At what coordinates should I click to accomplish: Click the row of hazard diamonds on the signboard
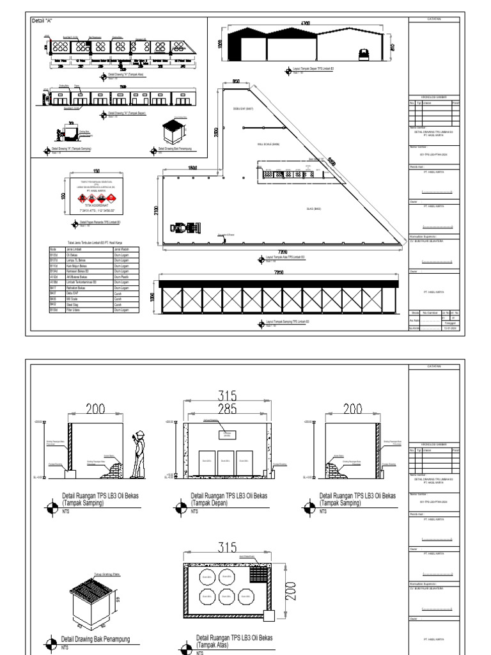coord(98,196)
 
